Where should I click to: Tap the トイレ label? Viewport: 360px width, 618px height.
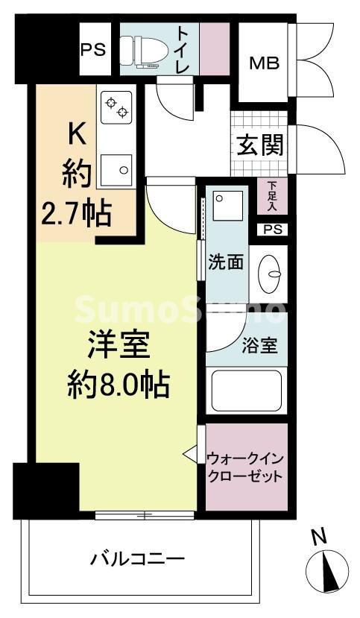click(183, 49)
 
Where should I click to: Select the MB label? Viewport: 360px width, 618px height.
click(264, 63)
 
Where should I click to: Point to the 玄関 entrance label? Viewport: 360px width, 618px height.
click(260, 145)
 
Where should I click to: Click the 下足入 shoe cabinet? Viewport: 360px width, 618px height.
click(272, 198)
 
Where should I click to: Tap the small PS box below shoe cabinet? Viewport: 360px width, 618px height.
click(272, 230)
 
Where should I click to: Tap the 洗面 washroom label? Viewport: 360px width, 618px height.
click(226, 262)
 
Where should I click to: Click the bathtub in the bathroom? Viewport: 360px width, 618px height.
click(247, 391)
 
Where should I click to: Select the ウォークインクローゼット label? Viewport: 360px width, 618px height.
click(246, 467)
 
